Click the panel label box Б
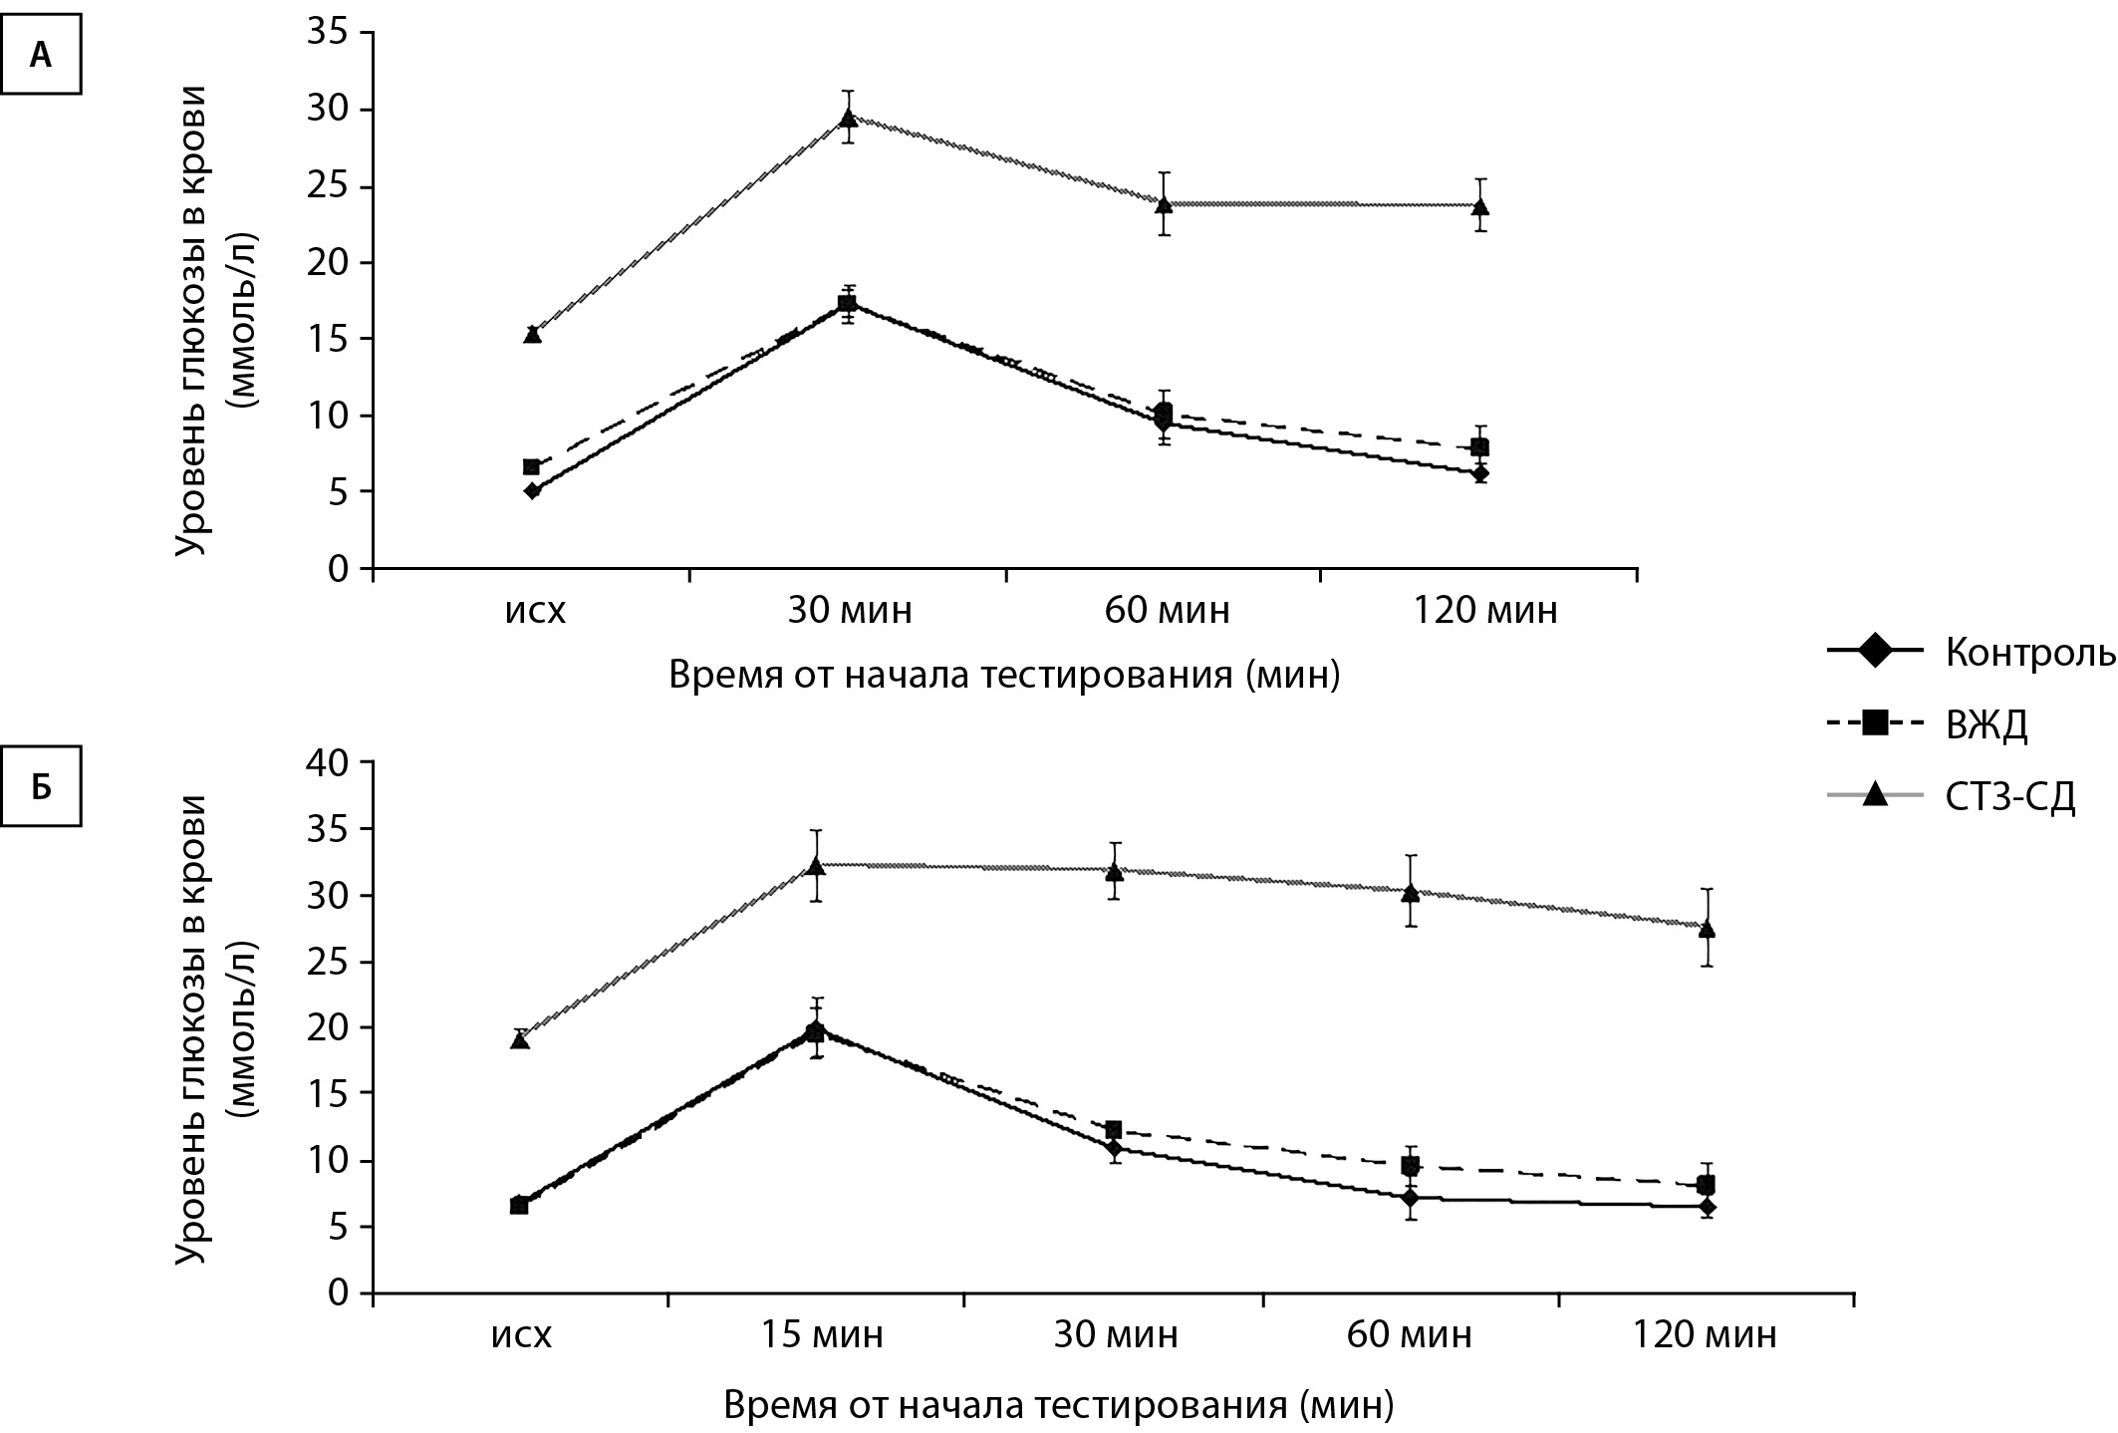pos(40,788)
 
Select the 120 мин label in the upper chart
pos(1484,610)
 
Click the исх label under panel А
pos(535,610)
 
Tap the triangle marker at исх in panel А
pos(533,334)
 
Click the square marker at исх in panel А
pos(532,466)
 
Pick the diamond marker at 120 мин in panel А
pos(1480,473)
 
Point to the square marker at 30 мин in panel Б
pos(1114,1129)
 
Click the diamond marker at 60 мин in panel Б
pos(1411,1197)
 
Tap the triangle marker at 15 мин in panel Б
pos(816,866)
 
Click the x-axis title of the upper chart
pos(1004,675)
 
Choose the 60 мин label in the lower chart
pos(1409,1334)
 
